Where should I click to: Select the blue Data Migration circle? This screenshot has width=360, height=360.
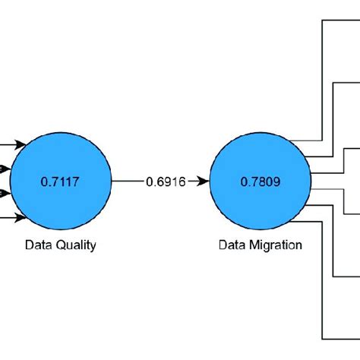click(x=261, y=182)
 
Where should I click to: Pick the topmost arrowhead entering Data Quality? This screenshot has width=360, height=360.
click(x=21, y=143)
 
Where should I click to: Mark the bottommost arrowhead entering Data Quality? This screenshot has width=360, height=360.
click(x=21, y=219)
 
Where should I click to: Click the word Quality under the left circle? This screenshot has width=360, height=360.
click(x=78, y=245)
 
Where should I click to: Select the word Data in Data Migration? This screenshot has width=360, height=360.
click(x=232, y=245)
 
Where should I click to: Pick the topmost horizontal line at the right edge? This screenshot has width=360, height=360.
click(x=342, y=18)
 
